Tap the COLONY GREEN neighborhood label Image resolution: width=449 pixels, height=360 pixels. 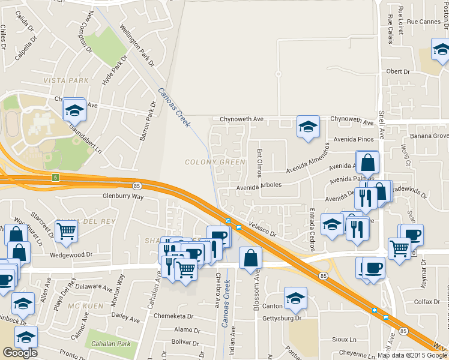[215, 162]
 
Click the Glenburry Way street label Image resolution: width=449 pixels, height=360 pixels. [123, 196]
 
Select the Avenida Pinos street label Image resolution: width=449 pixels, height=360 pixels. [352, 139]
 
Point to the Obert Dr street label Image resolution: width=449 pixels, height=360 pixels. [398, 71]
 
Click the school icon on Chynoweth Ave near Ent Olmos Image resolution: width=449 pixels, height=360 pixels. [308, 127]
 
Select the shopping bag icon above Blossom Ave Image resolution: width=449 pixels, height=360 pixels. [250, 258]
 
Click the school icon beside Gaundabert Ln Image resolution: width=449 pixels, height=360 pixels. [74, 110]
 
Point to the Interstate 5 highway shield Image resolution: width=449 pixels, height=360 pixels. [55, 177]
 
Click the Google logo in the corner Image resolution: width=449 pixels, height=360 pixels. [20, 353]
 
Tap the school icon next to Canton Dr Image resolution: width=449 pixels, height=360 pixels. [295, 299]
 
